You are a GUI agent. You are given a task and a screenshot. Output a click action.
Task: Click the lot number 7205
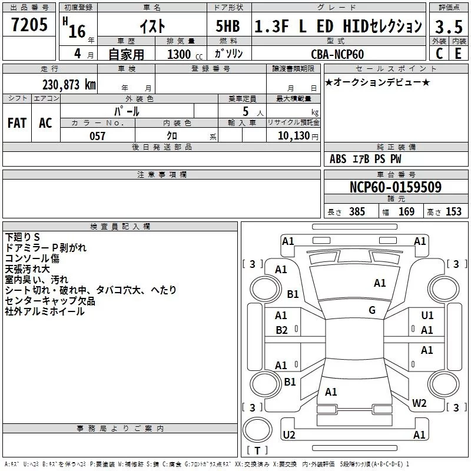[29, 25]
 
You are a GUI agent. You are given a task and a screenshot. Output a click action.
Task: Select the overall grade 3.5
[449, 26]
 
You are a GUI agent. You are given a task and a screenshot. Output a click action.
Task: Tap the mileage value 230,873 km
[69, 85]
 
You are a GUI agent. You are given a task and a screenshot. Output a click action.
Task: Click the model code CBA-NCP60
[337, 54]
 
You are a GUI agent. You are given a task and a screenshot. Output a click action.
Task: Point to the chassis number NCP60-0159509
[396, 187]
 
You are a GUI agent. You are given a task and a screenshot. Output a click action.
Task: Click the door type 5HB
[228, 26]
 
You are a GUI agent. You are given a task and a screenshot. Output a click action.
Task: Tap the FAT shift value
[17, 123]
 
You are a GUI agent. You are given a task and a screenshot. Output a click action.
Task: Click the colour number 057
[97, 136]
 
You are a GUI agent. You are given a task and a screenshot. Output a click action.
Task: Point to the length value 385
[357, 211]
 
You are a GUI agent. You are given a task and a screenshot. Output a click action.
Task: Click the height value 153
[453, 211]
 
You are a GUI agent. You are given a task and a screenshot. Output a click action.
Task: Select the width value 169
[406, 211]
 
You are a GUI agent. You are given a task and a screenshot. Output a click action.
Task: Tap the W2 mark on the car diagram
[419, 403]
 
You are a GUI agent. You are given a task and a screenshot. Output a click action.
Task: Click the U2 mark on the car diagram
[289, 434]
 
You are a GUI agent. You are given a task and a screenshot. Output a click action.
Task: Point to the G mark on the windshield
[372, 310]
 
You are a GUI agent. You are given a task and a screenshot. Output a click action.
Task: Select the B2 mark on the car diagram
[282, 330]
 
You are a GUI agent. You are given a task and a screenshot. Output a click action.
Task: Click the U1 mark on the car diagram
[427, 315]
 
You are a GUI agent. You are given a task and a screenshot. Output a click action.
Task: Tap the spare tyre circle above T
[257, 430]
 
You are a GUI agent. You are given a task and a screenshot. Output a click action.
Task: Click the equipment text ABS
[338, 159]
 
